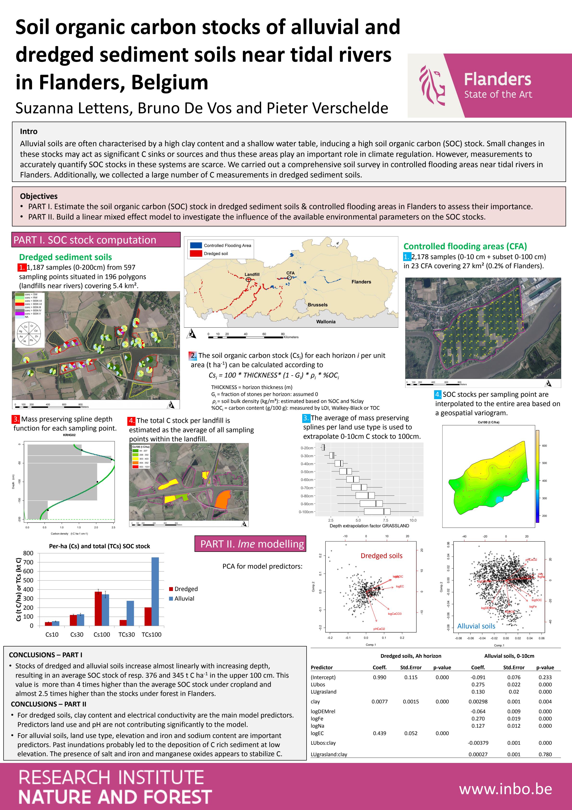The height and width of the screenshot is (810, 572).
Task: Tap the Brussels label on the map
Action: tap(318, 305)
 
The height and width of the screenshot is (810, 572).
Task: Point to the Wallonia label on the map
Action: tap(326, 322)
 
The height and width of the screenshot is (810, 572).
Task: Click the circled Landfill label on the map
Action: tap(252, 274)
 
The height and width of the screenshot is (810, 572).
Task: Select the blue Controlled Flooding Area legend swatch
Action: tap(196, 245)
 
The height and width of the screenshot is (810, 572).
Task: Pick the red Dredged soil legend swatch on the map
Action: tap(196, 253)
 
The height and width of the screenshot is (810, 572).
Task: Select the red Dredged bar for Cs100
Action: tap(98, 609)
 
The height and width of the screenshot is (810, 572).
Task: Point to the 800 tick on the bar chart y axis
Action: tap(28, 553)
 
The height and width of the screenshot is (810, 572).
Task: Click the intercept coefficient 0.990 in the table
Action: tap(379, 677)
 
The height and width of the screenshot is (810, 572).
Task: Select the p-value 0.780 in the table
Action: tap(545, 755)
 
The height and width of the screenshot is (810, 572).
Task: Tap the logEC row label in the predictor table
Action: tap(317, 733)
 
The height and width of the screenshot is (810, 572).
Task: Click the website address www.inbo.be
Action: tap(505, 789)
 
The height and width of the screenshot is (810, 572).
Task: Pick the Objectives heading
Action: tap(39, 196)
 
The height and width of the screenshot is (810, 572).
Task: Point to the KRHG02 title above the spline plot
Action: tap(69, 435)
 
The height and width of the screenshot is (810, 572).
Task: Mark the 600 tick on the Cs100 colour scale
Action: tap(544, 445)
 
